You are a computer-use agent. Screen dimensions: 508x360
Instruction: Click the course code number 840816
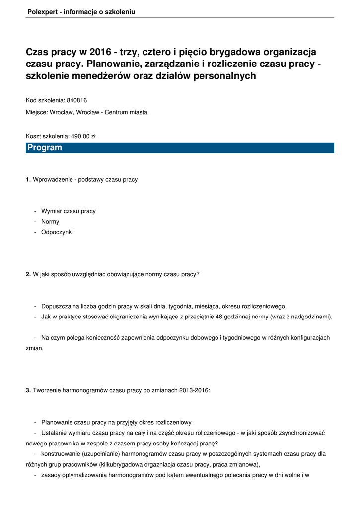pos(76,100)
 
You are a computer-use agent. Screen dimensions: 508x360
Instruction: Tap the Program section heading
pos(45,148)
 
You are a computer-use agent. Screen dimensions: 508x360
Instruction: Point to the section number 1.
pos(28,179)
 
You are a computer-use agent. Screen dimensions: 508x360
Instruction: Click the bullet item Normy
pos(50,222)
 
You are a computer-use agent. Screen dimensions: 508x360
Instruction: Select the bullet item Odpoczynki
pos(57,232)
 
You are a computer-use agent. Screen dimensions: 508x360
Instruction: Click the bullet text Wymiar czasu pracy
pos(69,211)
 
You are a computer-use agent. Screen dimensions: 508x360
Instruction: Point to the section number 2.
pos(28,274)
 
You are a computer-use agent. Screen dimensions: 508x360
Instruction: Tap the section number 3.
pos(28,391)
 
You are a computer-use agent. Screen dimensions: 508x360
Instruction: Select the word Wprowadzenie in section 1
pos(52,179)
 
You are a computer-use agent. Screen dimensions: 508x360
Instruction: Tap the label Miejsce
pos(37,112)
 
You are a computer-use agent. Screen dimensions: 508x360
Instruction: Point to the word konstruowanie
pos(62,454)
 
